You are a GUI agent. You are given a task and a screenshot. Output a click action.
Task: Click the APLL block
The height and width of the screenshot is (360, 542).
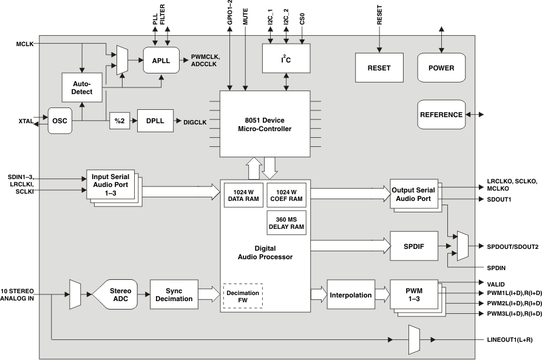tap(161, 60)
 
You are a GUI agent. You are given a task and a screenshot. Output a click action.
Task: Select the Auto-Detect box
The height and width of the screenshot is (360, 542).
tap(82, 87)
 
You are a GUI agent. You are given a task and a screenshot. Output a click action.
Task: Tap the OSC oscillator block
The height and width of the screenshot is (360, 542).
tap(60, 121)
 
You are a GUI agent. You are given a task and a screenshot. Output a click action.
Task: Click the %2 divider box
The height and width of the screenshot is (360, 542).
tap(119, 120)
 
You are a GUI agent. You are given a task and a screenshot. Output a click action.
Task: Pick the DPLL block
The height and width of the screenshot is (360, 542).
tap(155, 120)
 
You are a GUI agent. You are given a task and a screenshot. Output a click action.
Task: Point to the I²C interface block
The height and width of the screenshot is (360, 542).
tap(285, 59)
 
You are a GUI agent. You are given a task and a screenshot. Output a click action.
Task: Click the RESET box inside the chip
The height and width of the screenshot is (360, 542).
tap(379, 67)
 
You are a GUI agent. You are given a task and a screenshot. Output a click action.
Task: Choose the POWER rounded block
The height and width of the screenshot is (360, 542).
tap(441, 67)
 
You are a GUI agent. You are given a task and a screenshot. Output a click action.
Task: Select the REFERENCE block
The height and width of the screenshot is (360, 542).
tap(441, 114)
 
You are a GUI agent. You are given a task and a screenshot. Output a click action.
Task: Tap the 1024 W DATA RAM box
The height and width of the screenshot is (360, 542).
tap(243, 195)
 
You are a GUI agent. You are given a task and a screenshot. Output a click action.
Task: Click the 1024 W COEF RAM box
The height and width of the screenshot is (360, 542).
tap(286, 195)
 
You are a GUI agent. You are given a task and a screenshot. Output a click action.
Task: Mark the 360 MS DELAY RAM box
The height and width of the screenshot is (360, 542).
tap(286, 223)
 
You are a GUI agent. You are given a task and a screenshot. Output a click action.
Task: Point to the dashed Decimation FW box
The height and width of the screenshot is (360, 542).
tap(243, 296)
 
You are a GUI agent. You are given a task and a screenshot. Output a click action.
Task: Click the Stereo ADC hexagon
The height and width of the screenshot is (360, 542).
tap(115, 294)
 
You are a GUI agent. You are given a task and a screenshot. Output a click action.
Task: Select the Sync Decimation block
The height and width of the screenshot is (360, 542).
tap(174, 294)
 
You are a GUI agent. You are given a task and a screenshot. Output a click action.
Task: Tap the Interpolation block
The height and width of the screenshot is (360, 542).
tap(350, 295)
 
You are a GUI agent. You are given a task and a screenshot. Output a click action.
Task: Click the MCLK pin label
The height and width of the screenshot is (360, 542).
tap(25, 44)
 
